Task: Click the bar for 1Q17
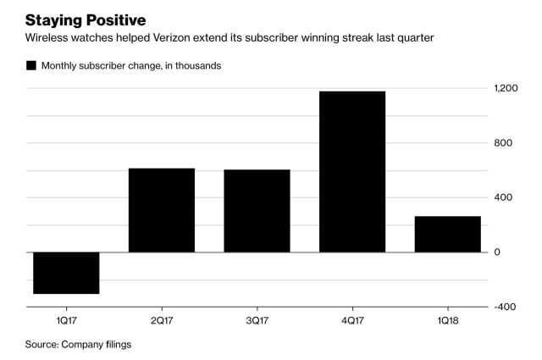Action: (66, 273)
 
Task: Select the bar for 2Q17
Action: (161, 210)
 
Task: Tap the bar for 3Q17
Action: (257, 211)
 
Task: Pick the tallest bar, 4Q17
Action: (352, 171)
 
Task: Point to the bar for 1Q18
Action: (447, 234)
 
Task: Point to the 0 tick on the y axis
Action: (498, 252)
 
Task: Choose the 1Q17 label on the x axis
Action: (66, 321)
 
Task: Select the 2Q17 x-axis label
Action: (161, 321)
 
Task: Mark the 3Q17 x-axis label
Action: (257, 321)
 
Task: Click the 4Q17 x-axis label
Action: (352, 321)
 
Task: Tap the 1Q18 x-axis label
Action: (447, 321)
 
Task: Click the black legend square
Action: (31, 65)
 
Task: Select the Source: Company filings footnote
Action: (78, 344)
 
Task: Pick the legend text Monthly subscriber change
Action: (110, 65)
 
